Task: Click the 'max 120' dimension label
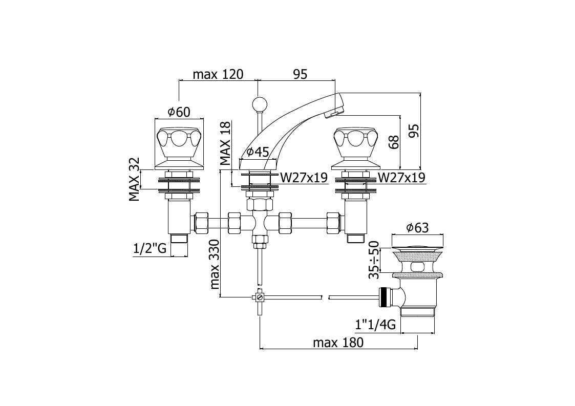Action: pos(218,74)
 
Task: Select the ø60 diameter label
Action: pos(179,112)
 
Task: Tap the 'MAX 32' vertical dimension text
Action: pos(134,179)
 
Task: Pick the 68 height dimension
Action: pos(393,142)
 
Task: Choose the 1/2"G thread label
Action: pos(150,249)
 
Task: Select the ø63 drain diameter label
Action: pos(417,228)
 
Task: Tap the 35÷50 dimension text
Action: pos(374,260)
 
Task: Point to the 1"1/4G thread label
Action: pos(375,325)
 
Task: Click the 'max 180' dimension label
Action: pos(338,343)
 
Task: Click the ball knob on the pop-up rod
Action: pos(259,103)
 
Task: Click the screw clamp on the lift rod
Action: pos(259,297)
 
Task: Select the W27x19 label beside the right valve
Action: pos(402,178)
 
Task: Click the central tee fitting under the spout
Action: pos(260,221)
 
